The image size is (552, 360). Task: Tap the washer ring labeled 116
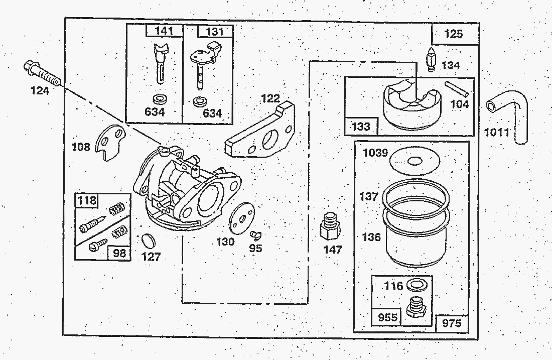point(415,285)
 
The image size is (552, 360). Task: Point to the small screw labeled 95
point(256,233)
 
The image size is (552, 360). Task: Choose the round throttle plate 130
point(241,218)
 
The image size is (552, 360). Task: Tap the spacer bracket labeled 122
point(261,133)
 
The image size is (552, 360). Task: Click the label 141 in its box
point(164,31)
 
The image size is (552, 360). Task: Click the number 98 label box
point(119,252)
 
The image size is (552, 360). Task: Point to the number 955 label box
point(387,317)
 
